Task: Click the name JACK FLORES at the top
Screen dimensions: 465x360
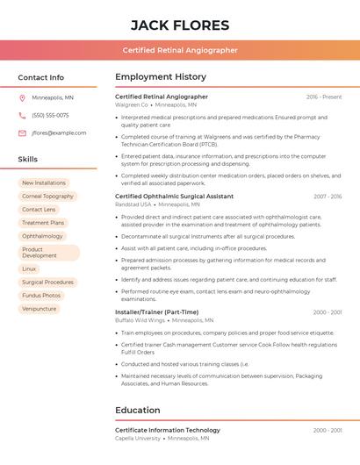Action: (x=180, y=25)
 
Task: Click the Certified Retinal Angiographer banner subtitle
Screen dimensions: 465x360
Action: (x=180, y=51)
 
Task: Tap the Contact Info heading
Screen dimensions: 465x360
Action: (x=41, y=77)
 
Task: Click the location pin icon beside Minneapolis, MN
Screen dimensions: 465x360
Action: (x=22, y=98)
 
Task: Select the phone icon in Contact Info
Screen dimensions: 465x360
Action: (x=22, y=116)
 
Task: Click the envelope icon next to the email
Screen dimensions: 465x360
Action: (x=22, y=133)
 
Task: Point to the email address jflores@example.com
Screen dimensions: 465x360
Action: (x=59, y=133)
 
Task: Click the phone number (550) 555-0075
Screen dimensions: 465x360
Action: (x=50, y=116)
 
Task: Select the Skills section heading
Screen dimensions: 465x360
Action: (x=28, y=160)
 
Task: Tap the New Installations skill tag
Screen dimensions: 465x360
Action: (x=44, y=183)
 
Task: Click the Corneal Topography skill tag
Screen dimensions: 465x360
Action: (x=47, y=197)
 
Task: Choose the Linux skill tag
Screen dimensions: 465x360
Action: (x=30, y=269)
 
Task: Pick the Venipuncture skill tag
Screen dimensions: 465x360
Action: (x=40, y=309)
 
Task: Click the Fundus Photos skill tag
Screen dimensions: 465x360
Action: (x=41, y=296)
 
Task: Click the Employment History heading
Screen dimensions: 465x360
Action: (x=161, y=77)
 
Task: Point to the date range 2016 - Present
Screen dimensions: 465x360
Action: (x=324, y=97)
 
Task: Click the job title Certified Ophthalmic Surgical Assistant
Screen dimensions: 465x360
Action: (x=175, y=197)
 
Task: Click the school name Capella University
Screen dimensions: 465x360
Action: (x=139, y=438)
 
